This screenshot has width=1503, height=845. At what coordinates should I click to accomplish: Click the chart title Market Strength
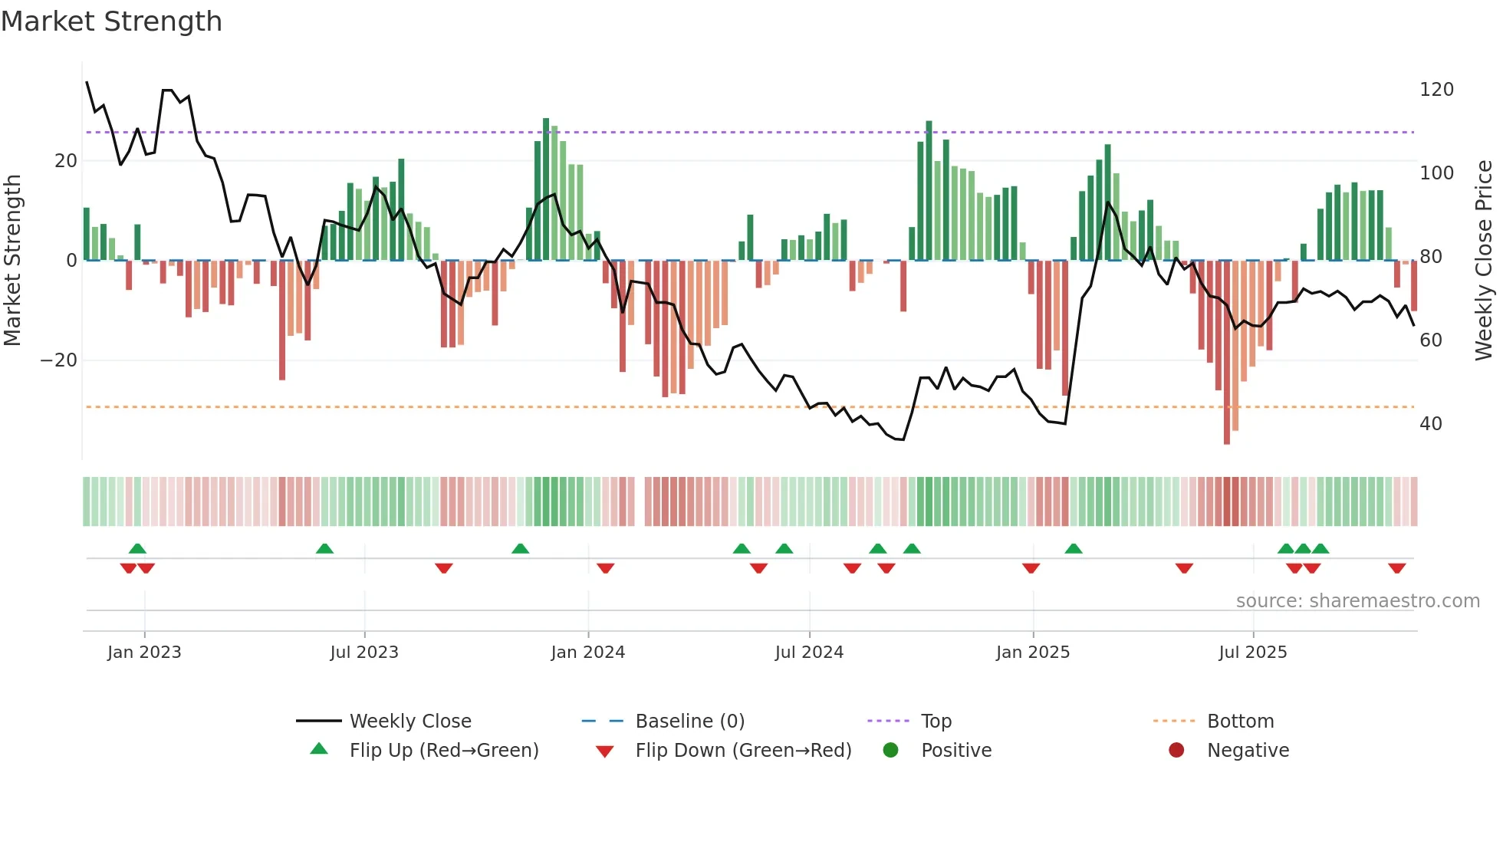[111, 21]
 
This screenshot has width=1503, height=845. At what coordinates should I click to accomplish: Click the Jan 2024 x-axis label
[587, 653]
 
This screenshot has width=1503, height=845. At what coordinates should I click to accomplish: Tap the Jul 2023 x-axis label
[364, 653]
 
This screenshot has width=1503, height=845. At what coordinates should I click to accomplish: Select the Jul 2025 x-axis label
[1252, 653]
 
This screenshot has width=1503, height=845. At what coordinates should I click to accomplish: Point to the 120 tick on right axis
[1436, 90]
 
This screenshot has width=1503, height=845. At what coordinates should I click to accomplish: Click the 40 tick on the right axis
[1430, 424]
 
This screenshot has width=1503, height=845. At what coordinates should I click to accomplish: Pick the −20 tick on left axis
[58, 360]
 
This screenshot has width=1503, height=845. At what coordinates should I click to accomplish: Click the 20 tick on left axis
[66, 161]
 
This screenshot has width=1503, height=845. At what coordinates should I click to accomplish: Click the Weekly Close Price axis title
[1484, 261]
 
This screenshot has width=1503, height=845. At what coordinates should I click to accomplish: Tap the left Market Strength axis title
[13, 261]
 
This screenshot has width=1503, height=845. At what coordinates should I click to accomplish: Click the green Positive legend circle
[890, 751]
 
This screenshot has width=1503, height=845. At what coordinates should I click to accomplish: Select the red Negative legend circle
[1176, 751]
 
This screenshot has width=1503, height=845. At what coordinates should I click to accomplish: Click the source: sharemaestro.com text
[1357, 601]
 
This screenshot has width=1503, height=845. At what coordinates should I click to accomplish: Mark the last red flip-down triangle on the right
[1396, 568]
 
